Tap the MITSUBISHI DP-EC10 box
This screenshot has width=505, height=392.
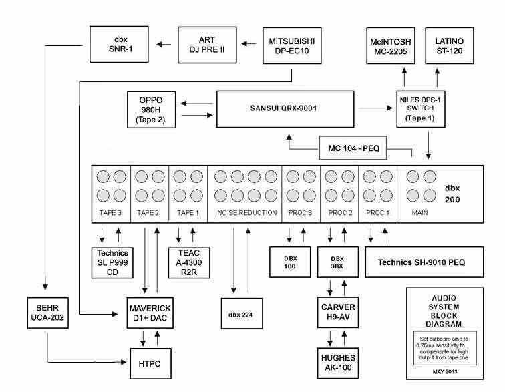click(293, 44)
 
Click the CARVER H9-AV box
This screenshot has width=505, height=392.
click(337, 311)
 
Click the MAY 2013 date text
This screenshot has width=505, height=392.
click(445, 369)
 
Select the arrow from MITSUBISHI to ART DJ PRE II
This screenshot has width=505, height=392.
click(248, 44)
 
